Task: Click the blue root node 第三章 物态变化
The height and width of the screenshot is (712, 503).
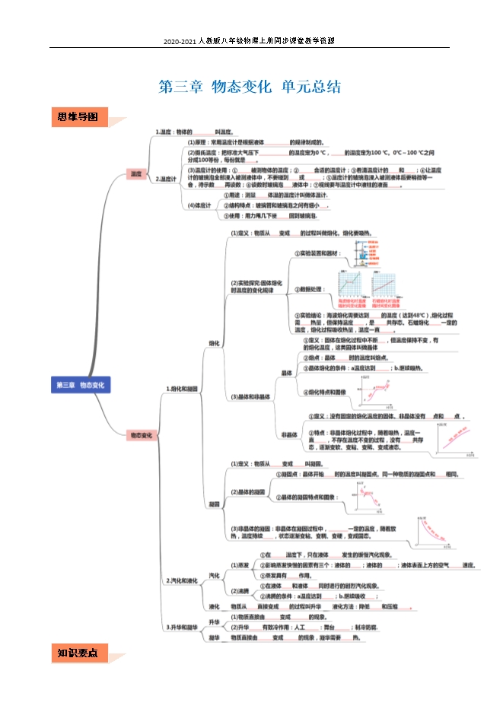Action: click(x=81, y=385)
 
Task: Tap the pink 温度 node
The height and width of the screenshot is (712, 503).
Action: click(x=137, y=174)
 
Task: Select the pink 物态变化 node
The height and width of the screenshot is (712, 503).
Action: click(x=142, y=435)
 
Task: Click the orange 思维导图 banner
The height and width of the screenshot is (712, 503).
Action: click(x=78, y=117)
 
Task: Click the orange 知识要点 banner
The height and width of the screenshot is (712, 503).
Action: click(x=78, y=653)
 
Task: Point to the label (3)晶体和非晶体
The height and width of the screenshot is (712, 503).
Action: click(x=250, y=397)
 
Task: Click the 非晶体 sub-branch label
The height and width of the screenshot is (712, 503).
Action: click(x=289, y=434)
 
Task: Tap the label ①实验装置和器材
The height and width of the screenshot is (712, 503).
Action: click(x=318, y=253)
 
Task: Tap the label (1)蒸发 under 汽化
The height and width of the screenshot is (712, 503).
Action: click(x=240, y=565)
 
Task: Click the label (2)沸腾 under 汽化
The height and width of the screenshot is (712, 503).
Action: click(x=240, y=590)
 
